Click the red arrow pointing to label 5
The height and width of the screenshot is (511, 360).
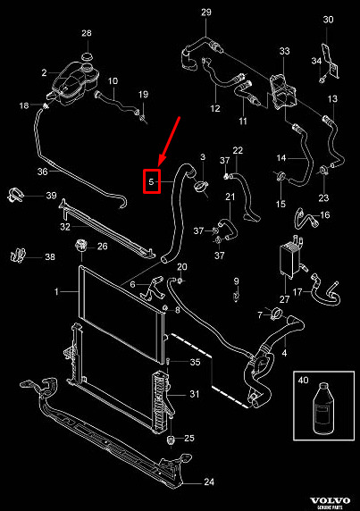click(x=169, y=142)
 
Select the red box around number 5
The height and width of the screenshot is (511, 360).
click(x=152, y=181)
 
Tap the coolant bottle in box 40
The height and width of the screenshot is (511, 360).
click(x=323, y=408)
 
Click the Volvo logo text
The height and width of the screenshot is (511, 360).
click(x=330, y=500)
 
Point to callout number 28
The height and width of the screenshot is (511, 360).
click(x=87, y=33)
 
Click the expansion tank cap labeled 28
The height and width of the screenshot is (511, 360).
click(x=87, y=55)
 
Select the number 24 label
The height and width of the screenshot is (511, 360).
click(x=209, y=482)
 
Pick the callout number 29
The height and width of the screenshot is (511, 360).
click(x=205, y=12)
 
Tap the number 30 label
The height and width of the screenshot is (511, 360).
click(x=328, y=20)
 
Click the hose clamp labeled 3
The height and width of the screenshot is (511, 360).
click(x=201, y=187)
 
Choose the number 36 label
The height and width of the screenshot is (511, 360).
click(x=42, y=172)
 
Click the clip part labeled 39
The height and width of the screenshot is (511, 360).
click(x=15, y=195)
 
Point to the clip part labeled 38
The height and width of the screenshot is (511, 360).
click(x=18, y=255)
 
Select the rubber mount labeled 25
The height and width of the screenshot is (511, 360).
click(x=171, y=440)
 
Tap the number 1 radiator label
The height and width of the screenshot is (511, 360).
click(x=56, y=291)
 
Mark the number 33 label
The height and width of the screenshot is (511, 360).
click(x=284, y=51)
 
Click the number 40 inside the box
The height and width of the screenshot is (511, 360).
click(x=303, y=380)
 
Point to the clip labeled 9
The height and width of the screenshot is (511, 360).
click(x=236, y=297)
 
